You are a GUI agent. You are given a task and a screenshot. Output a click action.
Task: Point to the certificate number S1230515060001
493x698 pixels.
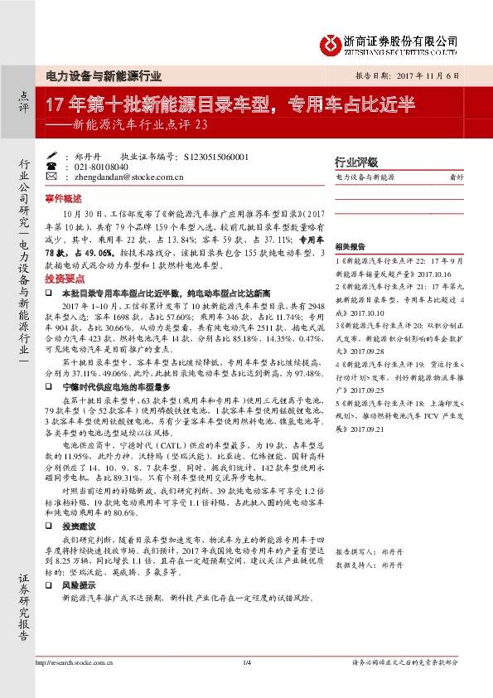213,155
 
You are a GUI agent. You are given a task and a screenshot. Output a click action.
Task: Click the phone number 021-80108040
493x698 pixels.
90,166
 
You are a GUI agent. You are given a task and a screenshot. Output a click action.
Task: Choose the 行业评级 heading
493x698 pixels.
355,162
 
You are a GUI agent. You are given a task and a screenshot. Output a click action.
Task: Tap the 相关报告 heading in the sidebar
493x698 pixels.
350,247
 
